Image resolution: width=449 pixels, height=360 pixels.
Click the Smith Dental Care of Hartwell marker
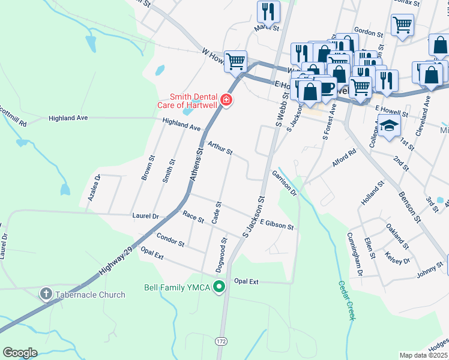point(226,100)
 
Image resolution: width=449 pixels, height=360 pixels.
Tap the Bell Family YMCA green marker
point(220,287)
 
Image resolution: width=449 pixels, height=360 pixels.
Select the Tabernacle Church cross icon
point(46,294)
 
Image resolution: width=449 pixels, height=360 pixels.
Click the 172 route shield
point(222,341)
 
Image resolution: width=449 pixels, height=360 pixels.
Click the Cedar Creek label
point(346,300)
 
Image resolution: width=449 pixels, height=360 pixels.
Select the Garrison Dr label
point(284,182)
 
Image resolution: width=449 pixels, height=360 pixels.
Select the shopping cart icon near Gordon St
point(402,25)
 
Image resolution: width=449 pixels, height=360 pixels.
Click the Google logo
point(20,352)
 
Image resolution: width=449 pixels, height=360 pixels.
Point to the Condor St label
point(170,239)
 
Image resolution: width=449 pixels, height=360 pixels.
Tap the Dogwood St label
point(223,253)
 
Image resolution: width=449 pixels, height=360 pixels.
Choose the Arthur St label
point(220,148)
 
